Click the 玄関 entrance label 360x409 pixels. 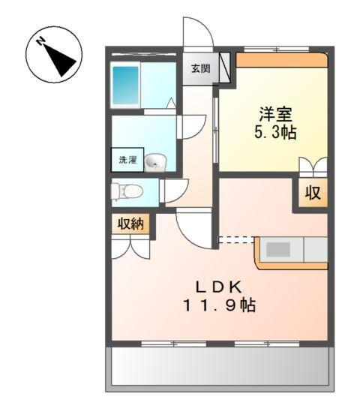(200, 68)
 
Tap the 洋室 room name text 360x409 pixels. (275, 114)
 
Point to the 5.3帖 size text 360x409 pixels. (275, 132)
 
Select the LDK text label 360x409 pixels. (219, 287)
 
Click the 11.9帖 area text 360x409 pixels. (219, 305)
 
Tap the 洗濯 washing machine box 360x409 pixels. (127, 160)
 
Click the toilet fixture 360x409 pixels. (127, 192)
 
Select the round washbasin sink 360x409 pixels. (155, 163)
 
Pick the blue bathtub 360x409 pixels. (125, 86)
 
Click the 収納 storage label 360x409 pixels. (130, 224)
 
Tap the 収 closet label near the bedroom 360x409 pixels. (313, 193)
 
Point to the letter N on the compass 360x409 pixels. (40, 41)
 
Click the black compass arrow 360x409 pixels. (60, 60)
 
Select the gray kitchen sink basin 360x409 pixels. (278, 249)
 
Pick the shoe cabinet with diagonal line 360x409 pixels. (225, 68)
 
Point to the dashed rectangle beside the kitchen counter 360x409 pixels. (236, 239)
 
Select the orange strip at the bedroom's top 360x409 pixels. (281, 60)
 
